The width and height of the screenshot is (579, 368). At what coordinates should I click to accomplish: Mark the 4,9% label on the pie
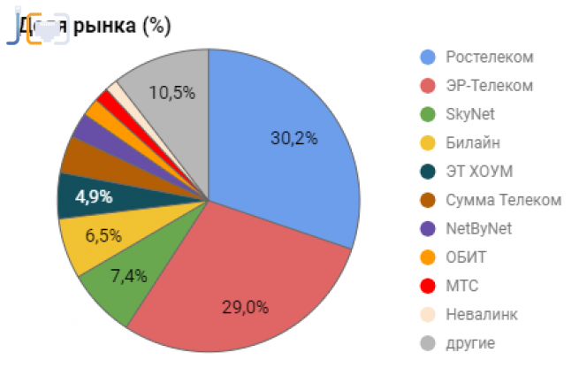pos(93,197)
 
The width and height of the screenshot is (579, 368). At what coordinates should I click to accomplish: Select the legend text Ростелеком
pos(490,57)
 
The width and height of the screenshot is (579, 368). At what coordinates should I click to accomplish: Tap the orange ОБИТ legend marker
pos(428,257)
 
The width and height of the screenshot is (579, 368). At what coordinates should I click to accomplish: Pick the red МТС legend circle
pos(428,286)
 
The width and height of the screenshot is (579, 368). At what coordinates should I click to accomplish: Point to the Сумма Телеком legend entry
pos(503,200)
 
